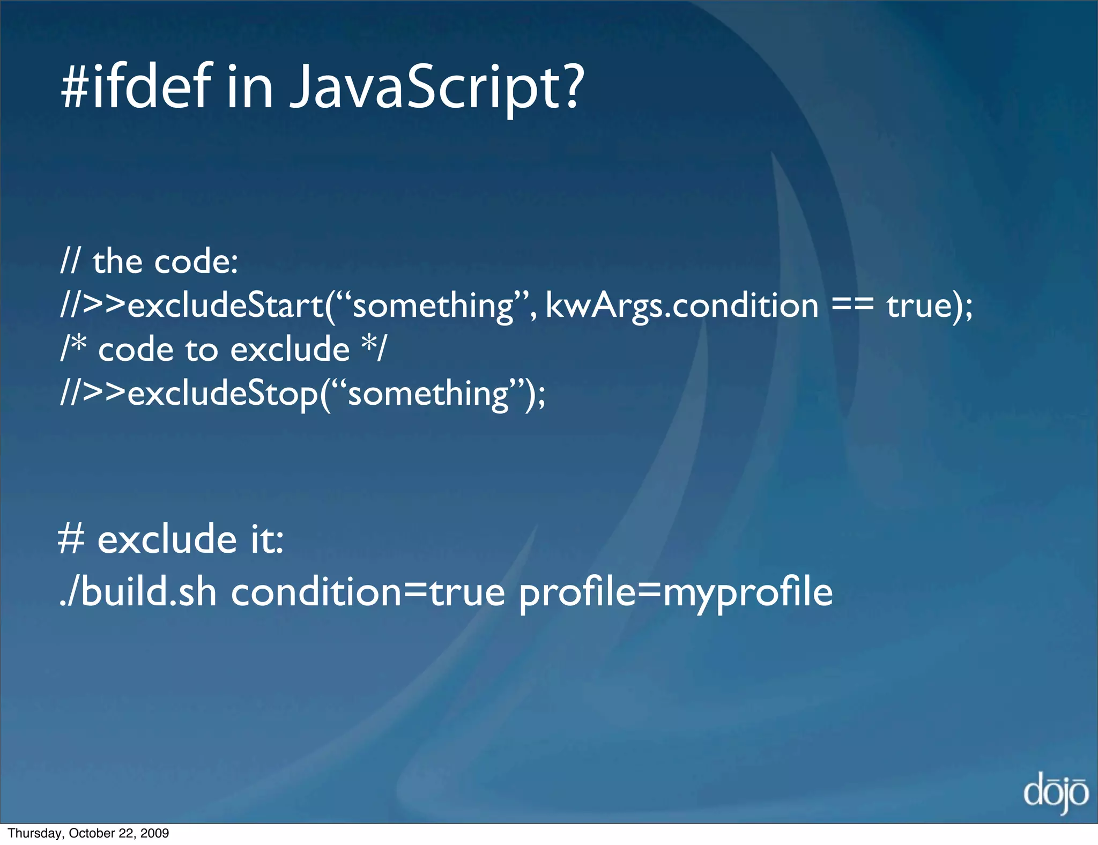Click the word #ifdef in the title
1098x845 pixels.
136,86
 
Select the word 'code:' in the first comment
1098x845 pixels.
196,262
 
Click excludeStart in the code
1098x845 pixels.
225,306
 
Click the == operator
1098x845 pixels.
852,306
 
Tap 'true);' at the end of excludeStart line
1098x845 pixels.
930,306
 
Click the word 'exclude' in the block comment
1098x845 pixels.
290,350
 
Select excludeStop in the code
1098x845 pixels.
223,394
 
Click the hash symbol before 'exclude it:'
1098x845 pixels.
71,539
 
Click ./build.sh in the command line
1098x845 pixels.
138,592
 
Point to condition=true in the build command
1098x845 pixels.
368,592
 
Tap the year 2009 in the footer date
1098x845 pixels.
155,833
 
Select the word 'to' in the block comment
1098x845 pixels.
201,350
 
